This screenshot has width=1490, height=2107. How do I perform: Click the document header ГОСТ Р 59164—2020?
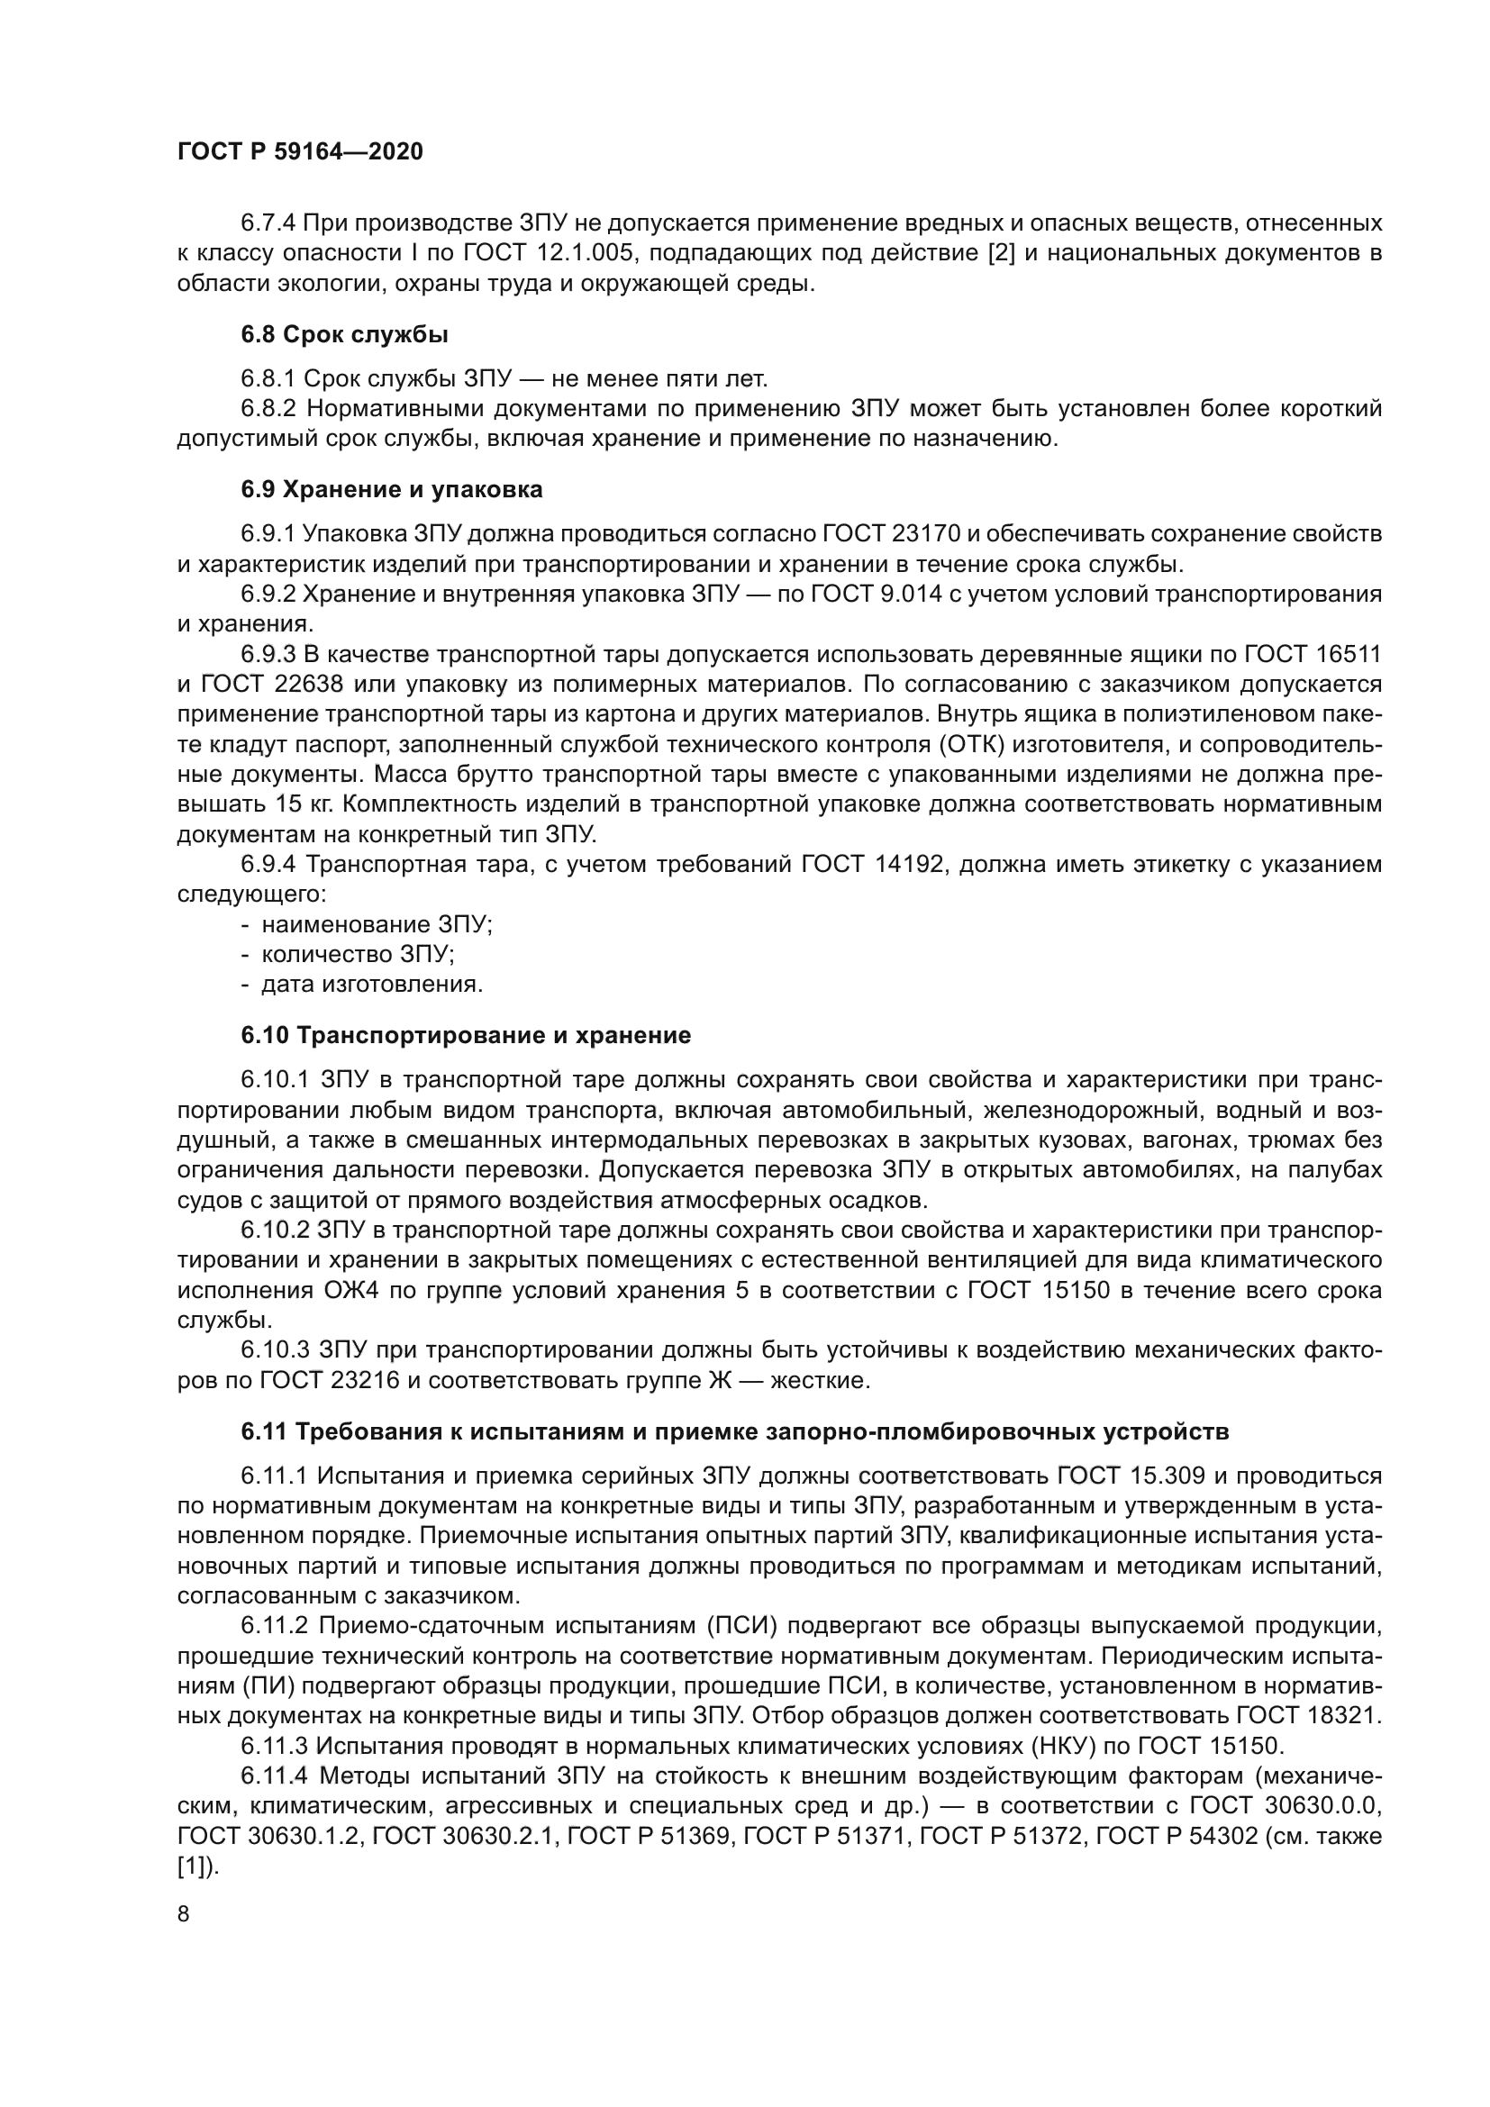pos(300,151)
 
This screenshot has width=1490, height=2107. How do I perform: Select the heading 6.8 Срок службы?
pos(344,335)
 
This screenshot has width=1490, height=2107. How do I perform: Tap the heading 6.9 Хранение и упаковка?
pos(392,489)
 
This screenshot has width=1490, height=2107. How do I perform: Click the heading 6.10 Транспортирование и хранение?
pos(466,1035)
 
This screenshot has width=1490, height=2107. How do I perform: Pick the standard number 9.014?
pos(910,594)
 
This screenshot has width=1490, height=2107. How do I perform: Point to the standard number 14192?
pos(903,865)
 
